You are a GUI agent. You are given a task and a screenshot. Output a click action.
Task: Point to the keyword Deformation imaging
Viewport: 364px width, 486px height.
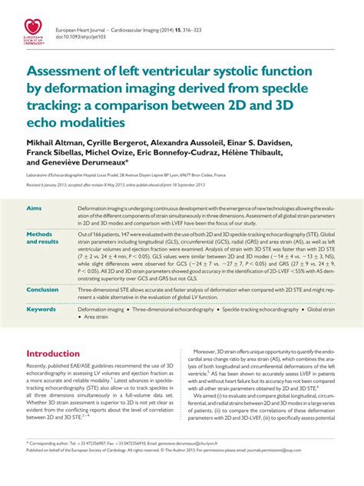coord(104,308)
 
